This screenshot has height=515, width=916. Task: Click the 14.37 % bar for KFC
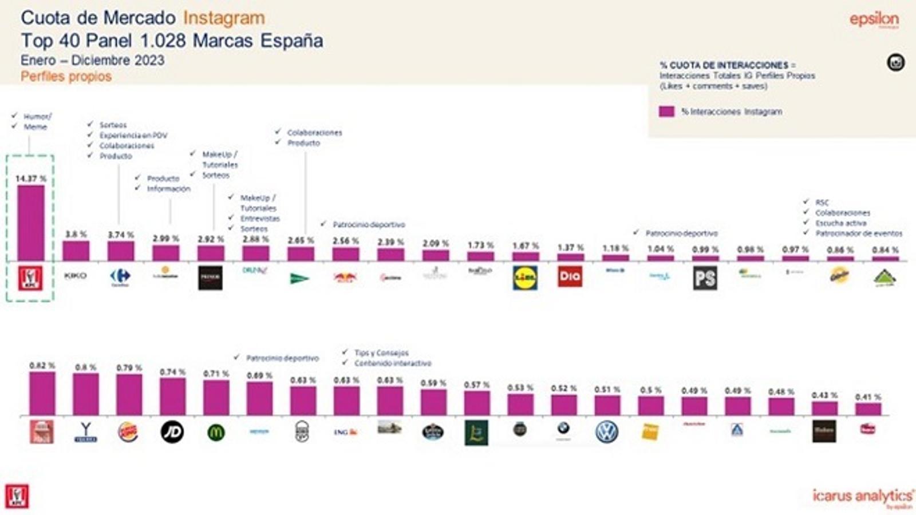[x=30, y=223]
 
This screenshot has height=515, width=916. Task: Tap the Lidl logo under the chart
[x=525, y=278]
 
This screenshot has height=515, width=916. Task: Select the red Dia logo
[x=570, y=276]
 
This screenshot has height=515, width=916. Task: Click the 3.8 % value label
[x=76, y=234]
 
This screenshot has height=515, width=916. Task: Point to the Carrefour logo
[x=120, y=278]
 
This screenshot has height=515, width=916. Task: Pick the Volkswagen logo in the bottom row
[x=607, y=431]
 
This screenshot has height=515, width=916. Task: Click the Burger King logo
[x=128, y=432]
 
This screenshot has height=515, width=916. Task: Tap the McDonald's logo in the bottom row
[x=216, y=433]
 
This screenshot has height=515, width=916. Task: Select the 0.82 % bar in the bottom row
[x=42, y=393]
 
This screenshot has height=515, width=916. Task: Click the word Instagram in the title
[x=224, y=18]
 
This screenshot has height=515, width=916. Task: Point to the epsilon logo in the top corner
[x=874, y=19]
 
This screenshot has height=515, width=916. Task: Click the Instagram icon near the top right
[x=895, y=62]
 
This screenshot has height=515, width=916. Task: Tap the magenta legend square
[x=666, y=112]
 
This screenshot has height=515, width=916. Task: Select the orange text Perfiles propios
[x=66, y=77]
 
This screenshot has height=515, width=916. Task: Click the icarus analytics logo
[x=862, y=496]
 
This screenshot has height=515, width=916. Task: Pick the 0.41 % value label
[x=868, y=397]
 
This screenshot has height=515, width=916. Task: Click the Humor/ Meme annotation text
[x=37, y=121]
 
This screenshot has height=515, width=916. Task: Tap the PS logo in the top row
[x=705, y=279]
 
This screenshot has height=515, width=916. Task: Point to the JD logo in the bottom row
[x=172, y=431]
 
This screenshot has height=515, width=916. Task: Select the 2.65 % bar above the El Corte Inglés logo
[x=301, y=253]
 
